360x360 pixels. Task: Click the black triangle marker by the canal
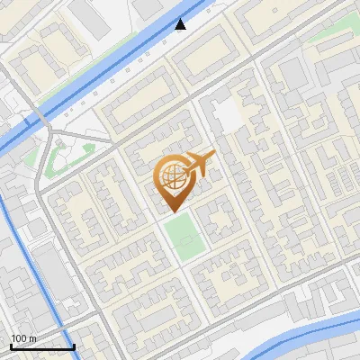[x=181, y=24]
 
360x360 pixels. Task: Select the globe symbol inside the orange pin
[x=174, y=176]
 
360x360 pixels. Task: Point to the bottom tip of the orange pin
[x=174, y=212]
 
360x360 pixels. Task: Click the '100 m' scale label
[x=23, y=337]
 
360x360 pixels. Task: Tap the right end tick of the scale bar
[x=74, y=345]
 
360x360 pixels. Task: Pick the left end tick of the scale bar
[x=11, y=345]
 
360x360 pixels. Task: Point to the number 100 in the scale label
[x=18, y=337]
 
